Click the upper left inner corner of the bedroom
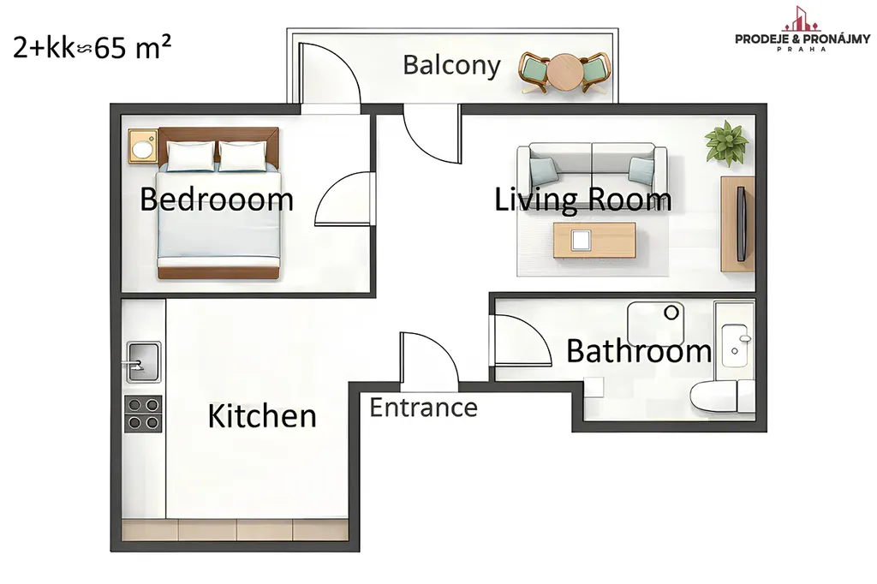pyautogui.click(x=122, y=116)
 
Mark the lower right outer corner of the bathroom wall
pyautogui.click(x=767, y=432)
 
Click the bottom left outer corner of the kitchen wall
pyautogui.click(x=110, y=551)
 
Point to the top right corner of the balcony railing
pyautogui.click(x=618, y=28)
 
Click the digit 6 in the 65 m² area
pyautogui.click(x=102, y=49)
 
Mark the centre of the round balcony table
pyautogui.click(x=564, y=72)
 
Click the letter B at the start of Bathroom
pyautogui.click(x=576, y=351)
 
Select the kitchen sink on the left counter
pyautogui.click(x=143, y=361)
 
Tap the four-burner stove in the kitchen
pyautogui.click(x=143, y=414)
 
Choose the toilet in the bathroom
pyautogui.click(x=722, y=396)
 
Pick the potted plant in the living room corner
pyautogui.click(x=726, y=143)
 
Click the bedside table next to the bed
pyautogui.click(x=143, y=146)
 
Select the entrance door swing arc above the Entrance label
pyautogui.click(x=429, y=361)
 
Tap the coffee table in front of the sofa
pyautogui.click(x=594, y=241)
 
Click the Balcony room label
pyautogui.click(x=451, y=65)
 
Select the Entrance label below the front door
pyautogui.click(x=423, y=408)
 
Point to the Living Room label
pyautogui.click(x=582, y=200)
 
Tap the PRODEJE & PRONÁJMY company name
pyautogui.click(x=802, y=39)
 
